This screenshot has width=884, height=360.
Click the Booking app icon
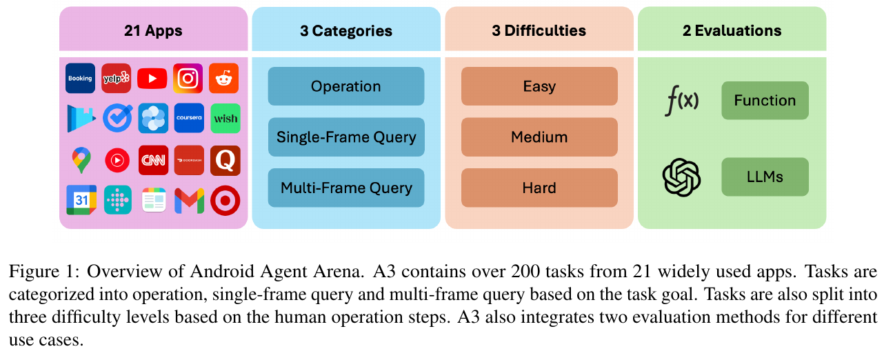tap(80, 78)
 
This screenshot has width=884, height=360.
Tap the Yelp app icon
tap(117, 78)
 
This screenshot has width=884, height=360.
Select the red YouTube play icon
tap(152, 78)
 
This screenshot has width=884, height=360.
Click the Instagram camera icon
tap(188, 78)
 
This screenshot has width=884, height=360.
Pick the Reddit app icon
tap(225, 78)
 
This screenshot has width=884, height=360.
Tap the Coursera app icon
tap(188, 119)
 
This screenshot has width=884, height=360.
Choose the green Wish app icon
tap(225, 119)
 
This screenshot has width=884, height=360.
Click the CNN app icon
tap(152, 160)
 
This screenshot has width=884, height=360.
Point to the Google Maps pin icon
tap(81, 160)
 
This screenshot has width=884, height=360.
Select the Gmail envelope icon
tap(188, 201)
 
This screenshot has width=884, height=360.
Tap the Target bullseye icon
tap(225, 201)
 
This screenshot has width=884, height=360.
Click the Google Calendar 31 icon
tap(81, 201)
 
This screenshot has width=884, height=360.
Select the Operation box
tap(345, 86)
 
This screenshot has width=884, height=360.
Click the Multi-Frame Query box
tap(345, 188)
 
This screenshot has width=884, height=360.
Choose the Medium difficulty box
tap(539, 137)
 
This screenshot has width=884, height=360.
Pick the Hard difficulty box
tap(539, 188)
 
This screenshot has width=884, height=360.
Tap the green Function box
tap(765, 101)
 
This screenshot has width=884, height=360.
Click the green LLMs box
tap(765, 177)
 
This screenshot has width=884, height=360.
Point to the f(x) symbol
tap(681, 101)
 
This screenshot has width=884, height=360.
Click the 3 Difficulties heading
tap(539, 31)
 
